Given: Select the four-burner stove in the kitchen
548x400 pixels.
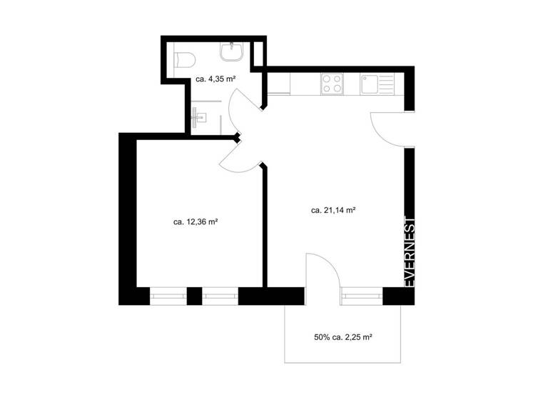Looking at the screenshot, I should (332, 84).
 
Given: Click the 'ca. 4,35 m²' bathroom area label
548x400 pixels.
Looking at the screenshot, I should (216, 79).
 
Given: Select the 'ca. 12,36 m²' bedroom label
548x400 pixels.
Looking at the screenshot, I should (195, 222).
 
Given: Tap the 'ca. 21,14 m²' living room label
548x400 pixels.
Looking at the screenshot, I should (333, 211).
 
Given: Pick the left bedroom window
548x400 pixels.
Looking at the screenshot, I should (168, 294).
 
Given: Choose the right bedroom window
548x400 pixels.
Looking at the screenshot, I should (220, 294).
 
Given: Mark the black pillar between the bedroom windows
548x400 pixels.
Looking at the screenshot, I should (194, 294).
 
